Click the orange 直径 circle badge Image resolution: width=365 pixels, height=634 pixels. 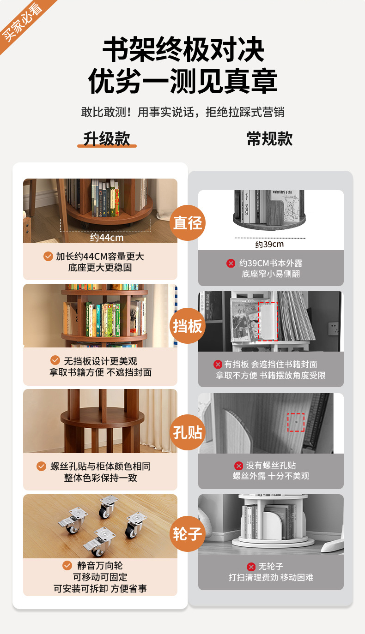coord(188,223)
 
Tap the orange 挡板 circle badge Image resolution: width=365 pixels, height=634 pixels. coord(188,326)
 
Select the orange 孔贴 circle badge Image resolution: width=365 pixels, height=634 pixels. coord(188,432)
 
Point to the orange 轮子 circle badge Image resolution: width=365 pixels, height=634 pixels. coord(188,533)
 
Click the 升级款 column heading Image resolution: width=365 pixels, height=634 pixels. coord(107,139)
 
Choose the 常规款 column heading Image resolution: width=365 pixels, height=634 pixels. coord(269,139)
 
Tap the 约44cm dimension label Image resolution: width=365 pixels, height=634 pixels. coord(107,238)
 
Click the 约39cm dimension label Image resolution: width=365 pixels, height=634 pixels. coord(269,244)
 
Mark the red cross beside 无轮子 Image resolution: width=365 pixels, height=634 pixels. coord(251,567)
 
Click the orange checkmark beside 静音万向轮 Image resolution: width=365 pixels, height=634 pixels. coord(67,566)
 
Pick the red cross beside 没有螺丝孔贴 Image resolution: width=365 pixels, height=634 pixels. coord(238,466)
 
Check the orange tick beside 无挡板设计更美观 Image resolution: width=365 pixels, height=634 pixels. coord(55,360)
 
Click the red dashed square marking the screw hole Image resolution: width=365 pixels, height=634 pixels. coord(296,422)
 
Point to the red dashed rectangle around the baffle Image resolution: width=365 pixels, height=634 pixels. coord(268,321)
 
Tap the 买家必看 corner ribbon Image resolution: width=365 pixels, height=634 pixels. coord(23,21)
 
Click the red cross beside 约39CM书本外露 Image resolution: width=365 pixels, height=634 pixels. coord(231,263)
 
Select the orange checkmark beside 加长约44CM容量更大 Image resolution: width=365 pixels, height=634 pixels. coord(48,256)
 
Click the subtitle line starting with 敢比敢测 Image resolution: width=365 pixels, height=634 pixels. coord(183,112)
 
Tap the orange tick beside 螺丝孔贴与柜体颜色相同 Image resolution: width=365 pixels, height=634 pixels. coord(42,466)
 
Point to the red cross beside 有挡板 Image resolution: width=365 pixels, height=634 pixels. coord(218,364)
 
